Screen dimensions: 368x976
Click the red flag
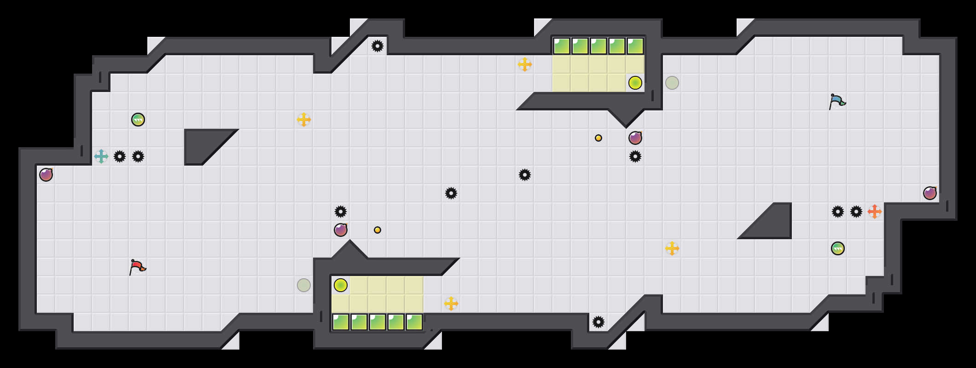[137, 267]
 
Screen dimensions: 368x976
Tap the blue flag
[837, 101]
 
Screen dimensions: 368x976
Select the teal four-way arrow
[101, 156]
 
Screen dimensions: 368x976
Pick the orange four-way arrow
[875, 212]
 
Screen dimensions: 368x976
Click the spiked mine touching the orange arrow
[856, 212]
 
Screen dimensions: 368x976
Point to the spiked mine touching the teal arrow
[120, 156]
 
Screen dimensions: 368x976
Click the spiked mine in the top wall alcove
[378, 46]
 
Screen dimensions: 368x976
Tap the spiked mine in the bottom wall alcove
[598, 322]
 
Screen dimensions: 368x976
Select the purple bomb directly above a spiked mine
[635, 138]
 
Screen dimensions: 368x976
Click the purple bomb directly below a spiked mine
[341, 230]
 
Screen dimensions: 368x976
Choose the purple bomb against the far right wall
[930, 193]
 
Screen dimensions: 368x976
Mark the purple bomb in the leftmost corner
[46, 175]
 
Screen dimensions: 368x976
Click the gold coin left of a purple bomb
[598, 138]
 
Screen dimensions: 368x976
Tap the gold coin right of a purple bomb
[378, 230]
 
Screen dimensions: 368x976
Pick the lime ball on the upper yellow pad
[635, 83]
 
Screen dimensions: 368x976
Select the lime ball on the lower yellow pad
[341, 285]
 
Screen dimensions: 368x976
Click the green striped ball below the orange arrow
[838, 248]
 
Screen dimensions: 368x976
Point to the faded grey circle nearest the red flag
[304, 285]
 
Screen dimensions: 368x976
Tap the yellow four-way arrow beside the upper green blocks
[525, 64]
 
